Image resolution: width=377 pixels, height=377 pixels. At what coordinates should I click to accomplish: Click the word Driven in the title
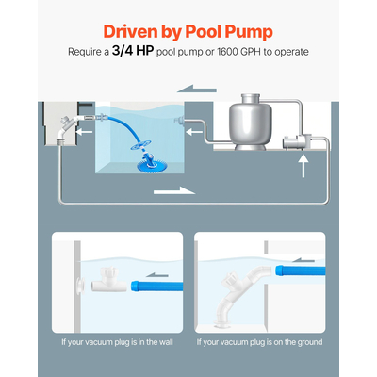click(128, 31)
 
